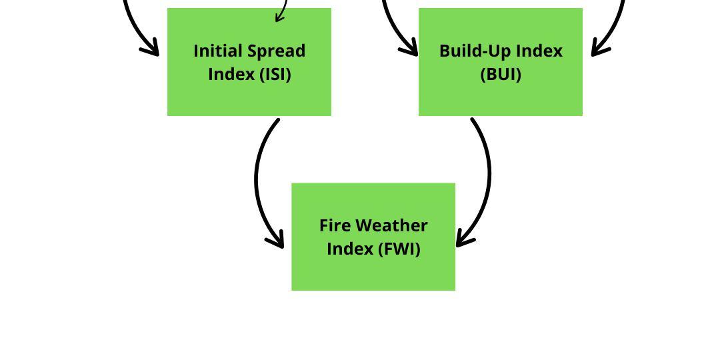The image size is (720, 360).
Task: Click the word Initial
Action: [x=219, y=51]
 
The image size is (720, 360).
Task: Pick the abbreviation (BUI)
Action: [x=501, y=74]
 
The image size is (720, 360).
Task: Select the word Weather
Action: [x=391, y=226]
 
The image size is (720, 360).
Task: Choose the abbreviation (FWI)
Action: [x=399, y=249]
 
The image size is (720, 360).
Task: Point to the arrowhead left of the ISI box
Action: [x=152, y=49]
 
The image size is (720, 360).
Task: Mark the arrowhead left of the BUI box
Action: [x=411, y=49]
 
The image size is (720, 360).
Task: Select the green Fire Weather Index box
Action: [x=373, y=273]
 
